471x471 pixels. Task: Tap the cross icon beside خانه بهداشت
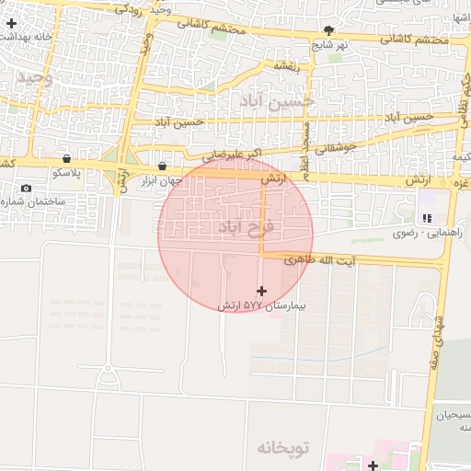(x=10, y=21)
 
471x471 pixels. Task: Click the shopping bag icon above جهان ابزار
(x=163, y=167)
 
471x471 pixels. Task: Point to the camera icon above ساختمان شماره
(x=26, y=189)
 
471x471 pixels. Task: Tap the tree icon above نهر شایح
(x=328, y=30)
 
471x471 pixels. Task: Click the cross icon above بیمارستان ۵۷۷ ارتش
(x=261, y=291)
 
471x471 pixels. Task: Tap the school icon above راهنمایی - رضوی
(x=426, y=218)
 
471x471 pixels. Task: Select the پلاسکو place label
(x=67, y=173)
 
